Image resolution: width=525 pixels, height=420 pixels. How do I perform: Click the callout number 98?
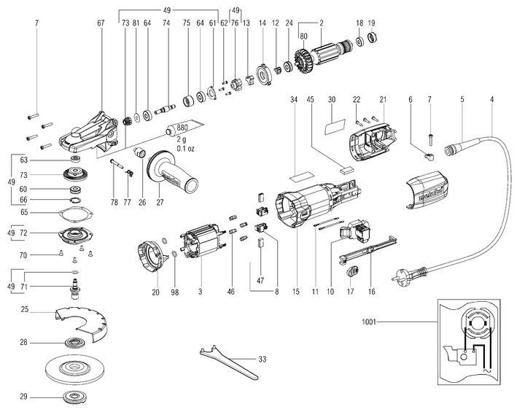coord(174,292)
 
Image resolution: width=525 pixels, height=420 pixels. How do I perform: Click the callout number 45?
coord(311,98)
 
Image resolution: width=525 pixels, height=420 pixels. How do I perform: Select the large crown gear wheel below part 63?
coord(75,176)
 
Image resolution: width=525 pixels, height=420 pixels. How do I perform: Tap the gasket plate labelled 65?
coord(75,213)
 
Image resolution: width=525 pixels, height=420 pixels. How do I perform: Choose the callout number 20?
coord(155,292)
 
